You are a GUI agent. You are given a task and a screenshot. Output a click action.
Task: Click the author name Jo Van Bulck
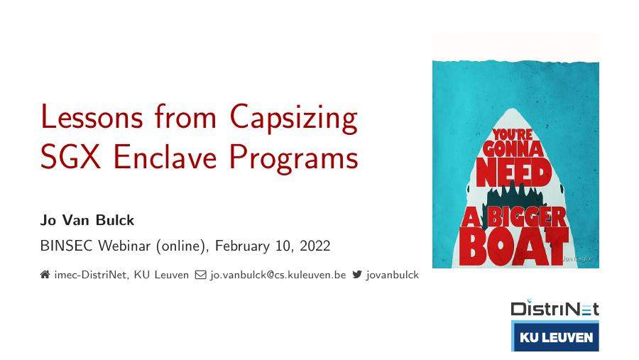pyautogui.click(x=87, y=220)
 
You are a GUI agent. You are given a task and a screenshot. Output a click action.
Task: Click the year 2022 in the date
pyautogui.click(x=315, y=246)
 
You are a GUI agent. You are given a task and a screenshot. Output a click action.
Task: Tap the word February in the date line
pyautogui.click(x=241, y=246)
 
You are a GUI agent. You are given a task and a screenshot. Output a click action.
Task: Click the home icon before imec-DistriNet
pyautogui.click(x=45, y=275)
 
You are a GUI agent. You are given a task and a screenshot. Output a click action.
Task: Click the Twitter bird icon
pyautogui.click(x=357, y=275)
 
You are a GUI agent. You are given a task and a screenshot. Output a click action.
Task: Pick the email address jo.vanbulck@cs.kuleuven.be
pyautogui.click(x=278, y=275)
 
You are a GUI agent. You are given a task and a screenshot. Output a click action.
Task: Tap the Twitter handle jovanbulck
pyautogui.click(x=393, y=275)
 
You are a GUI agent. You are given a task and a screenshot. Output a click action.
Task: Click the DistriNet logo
pyautogui.click(x=555, y=309)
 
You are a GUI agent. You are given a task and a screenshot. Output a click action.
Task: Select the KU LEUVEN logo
pyautogui.click(x=555, y=337)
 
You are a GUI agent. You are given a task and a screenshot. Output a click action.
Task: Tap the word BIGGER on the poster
pyautogui.click(x=526, y=216)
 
